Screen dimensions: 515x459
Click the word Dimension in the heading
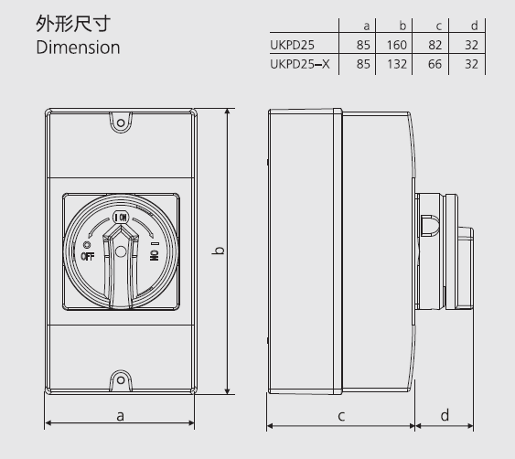[x=78, y=48]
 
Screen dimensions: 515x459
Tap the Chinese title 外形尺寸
[x=73, y=24]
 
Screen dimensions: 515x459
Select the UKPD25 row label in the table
[x=292, y=45]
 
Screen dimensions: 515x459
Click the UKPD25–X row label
[x=299, y=64]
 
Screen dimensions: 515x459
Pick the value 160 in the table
[x=397, y=45]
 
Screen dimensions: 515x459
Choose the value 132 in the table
[x=397, y=64]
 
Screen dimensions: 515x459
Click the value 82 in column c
[x=435, y=45]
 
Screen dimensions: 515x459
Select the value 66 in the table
[x=435, y=64]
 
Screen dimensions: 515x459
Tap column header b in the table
[x=402, y=26]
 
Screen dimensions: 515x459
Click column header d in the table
[x=474, y=26]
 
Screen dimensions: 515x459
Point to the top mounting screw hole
[x=121, y=123]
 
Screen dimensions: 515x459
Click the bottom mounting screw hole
[x=121, y=380]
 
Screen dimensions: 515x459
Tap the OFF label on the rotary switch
[x=88, y=256]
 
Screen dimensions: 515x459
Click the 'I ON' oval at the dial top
[x=121, y=218]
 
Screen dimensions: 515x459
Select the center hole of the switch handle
[x=121, y=251]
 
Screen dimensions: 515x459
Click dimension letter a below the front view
[x=120, y=416]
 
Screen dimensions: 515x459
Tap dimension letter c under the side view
[x=341, y=416]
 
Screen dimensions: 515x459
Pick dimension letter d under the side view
[x=445, y=415]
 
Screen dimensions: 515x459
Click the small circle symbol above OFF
[x=87, y=245]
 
